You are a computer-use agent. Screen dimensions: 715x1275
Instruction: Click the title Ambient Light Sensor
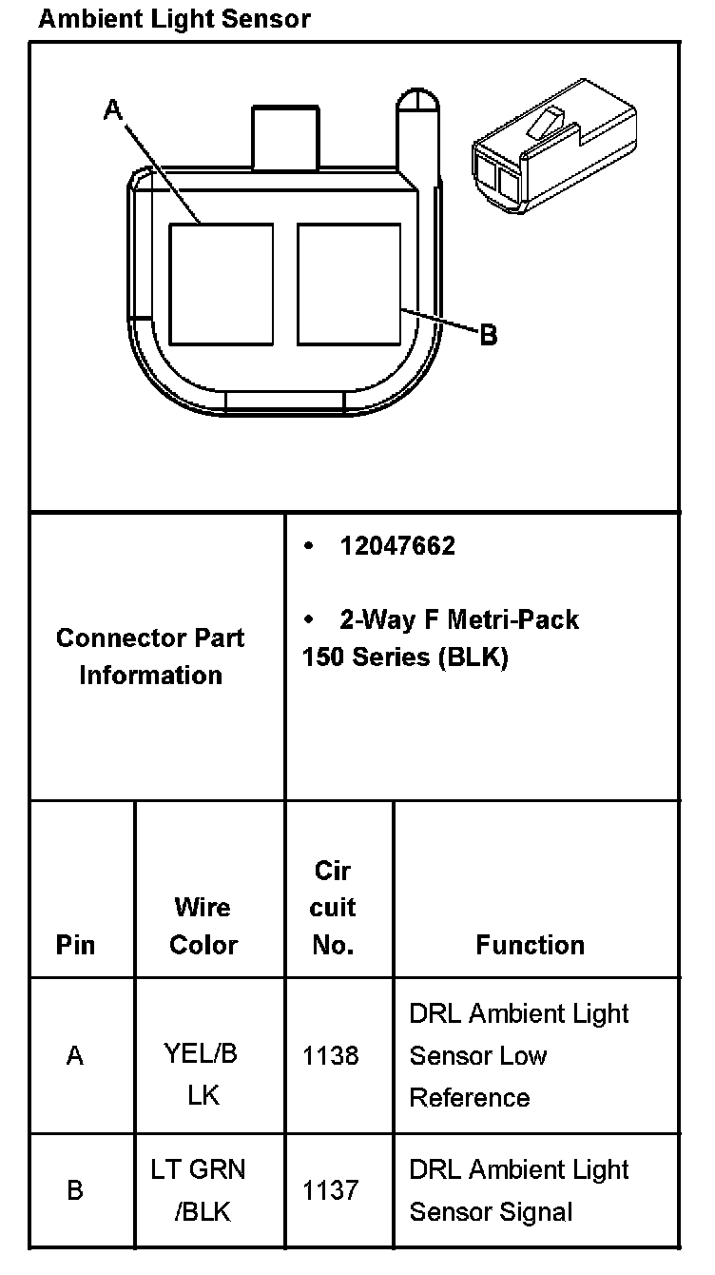(x=174, y=19)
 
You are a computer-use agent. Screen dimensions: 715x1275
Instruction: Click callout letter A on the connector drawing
(x=113, y=110)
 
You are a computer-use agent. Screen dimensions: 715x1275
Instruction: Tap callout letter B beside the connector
(x=488, y=335)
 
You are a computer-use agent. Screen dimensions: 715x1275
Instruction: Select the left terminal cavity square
(x=221, y=284)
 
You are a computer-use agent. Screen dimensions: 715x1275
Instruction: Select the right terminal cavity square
(x=348, y=284)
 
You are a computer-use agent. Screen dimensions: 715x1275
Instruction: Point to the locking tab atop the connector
(x=284, y=139)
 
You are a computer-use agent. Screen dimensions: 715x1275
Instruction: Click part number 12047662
(x=397, y=546)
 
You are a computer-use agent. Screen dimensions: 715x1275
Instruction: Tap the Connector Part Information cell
(x=150, y=657)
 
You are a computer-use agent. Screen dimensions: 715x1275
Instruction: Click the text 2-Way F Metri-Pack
(x=458, y=620)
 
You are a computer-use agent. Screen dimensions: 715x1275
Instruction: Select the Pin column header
(x=75, y=945)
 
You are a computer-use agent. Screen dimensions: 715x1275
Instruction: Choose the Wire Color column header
(x=203, y=926)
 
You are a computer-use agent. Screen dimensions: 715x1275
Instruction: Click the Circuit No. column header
(x=333, y=908)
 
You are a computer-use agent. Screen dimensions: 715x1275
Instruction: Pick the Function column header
(x=531, y=945)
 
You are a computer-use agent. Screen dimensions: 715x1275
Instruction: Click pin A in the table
(x=75, y=1055)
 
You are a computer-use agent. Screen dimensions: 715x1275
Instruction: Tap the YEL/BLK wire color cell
(x=202, y=1074)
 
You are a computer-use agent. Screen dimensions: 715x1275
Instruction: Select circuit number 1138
(x=331, y=1055)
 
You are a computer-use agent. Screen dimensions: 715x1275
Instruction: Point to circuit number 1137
(x=331, y=1190)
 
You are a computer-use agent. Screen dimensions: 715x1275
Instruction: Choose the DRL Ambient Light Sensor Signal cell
(x=519, y=1190)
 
